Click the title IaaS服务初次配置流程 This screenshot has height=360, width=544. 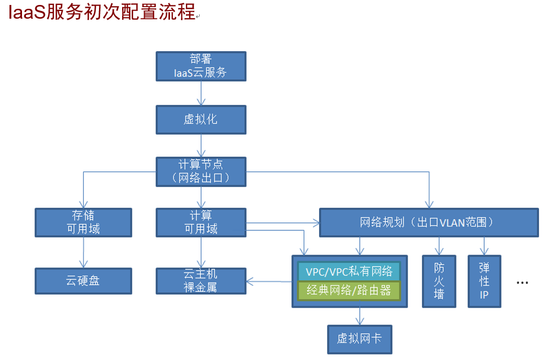(102, 12)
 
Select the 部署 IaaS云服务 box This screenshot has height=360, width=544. (201, 66)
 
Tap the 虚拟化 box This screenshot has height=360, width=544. (201, 119)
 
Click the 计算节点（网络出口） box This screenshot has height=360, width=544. (201, 171)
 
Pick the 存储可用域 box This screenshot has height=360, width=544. (84, 222)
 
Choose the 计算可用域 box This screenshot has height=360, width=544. (201, 222)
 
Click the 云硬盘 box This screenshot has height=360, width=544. (84, 281)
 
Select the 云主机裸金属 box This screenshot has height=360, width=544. (201, 280)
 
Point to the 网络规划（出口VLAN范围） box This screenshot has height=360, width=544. (428, 223)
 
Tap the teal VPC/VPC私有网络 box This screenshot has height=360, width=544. (349, 272)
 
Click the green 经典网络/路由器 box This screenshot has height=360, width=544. (349, 290)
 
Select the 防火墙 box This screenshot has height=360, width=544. (439, 281)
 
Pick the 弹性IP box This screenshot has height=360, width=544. (484, 281)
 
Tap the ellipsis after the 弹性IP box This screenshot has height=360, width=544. (522, 282)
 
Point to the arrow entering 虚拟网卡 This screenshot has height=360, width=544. (360, 316)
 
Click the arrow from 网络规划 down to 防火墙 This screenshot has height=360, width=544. (439, 246)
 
